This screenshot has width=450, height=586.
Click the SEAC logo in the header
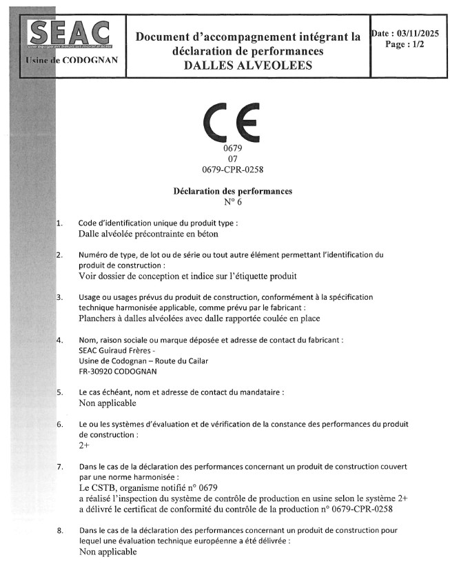point(68,32)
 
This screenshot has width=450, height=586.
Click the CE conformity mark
point(231,123)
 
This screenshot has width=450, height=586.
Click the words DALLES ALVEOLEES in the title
point(248,65)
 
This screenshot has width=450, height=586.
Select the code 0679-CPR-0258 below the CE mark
point(232,169)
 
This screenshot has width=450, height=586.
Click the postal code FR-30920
point(101,371)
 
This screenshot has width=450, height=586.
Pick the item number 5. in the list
point(60,392)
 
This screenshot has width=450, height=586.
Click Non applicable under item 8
point(108,552)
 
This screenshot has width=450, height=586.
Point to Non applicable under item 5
point(108,403)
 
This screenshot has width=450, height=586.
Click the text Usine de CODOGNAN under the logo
point(71,60)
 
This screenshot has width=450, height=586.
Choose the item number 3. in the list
point(60,297)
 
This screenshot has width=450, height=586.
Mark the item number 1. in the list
point(60,223)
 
